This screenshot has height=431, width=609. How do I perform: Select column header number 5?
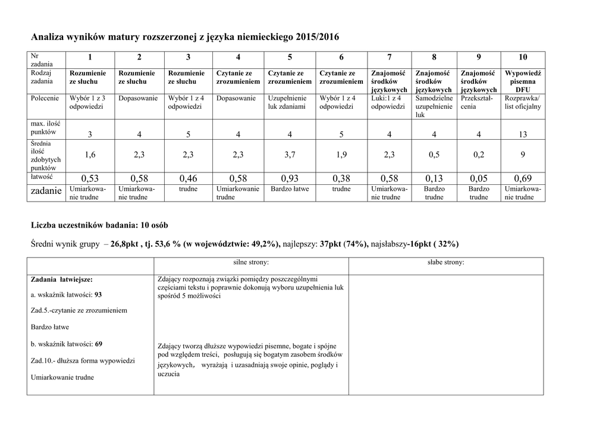(x=290, y=57)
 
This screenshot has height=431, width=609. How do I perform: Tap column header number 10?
(x=523, y=57)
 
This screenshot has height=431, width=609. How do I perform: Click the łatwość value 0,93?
(x=290, y=178)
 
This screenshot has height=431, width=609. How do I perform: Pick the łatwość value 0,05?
(x=479, y=178)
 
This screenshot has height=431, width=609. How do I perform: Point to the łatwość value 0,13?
(x=434, y=178)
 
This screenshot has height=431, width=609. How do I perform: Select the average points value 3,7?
(x=290, y=155)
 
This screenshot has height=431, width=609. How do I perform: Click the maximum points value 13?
(x=523, y=134)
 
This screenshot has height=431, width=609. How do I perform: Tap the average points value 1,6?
(x=90, y=155)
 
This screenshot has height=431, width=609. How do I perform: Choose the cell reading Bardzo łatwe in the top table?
(x=290, y=189)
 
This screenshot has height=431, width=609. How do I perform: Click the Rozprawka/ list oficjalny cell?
(x=523, y=102)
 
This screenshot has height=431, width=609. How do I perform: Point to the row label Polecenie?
(x=45, y=98)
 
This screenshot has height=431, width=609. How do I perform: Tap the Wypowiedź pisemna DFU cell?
(x=523, y=81)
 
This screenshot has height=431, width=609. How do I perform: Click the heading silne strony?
(x=251, y=262)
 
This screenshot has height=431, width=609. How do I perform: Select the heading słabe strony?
(x=446, y=262)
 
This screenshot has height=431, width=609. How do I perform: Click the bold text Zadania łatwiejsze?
(x=62, y=279)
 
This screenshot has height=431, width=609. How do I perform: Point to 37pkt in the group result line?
(x=332, y=244)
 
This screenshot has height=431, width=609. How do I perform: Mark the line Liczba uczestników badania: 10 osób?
(x=99, y=226)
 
